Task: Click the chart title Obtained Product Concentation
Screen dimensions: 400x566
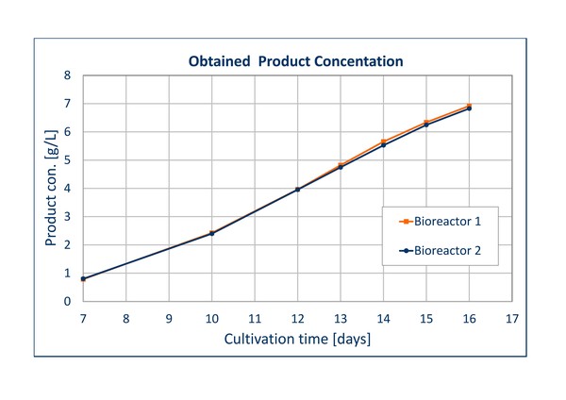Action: [x=296, y=62]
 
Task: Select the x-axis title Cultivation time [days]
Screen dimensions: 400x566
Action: [x=296, y=339]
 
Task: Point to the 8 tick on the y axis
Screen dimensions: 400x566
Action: [x=67, y=75]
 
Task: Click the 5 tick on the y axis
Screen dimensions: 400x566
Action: [x=67, y=160]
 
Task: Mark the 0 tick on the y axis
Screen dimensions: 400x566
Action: [x=67, y=302]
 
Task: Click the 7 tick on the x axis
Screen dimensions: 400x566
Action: [x=83, y=317]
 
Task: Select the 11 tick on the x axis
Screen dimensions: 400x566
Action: [x=255, y=317]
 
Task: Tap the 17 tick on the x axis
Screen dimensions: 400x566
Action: [x=512, y=317]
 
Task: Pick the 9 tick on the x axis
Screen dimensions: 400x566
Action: [x=169, y=317]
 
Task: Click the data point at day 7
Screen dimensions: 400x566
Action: [x=83, y=279]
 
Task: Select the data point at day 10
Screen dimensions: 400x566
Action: [x=212, y=233]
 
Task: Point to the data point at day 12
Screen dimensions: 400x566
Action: [x=298, y=190]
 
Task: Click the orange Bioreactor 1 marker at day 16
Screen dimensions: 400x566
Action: [x=469, y=106]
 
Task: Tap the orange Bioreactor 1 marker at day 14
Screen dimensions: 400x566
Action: [x=383, y=142]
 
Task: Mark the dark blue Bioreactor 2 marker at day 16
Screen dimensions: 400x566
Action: [x=469, y=108]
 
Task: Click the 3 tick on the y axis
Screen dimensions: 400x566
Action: [x=67, y=217]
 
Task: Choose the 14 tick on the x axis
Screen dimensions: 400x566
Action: [x=383, y=317]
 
